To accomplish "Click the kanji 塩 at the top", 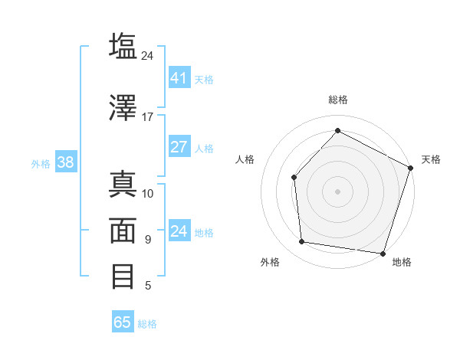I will coord(123,46).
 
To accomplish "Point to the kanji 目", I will coord(123,277).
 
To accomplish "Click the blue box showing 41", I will coord(179,78).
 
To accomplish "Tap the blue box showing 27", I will coord(179,147).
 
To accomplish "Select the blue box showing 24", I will coord(179,231).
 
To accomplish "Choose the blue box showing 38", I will coord(65,162).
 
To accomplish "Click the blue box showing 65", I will coord(123,322).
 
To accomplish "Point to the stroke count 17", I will coord(147,117).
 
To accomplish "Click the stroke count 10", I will coord(148,193).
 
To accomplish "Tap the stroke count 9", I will coord(148,240).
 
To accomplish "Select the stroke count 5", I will coord(148,286).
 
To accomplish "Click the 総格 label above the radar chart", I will coord(337,100).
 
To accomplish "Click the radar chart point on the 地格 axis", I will coord(383,253).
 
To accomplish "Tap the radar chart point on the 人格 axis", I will coord(294,178).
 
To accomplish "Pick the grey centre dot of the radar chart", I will coord(337,191).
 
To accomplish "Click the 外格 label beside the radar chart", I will coord(270,263).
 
